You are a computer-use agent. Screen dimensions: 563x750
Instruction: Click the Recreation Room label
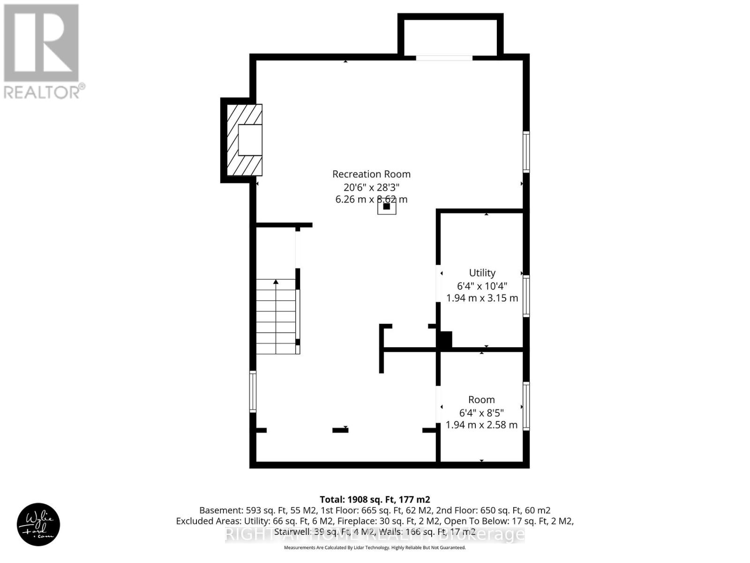pyautogui.click(x=371, y=174)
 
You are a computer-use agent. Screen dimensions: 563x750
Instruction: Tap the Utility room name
pyautogui.click(x=482, y=273)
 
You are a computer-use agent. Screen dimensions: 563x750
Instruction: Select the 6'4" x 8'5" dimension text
pyautogui.click(x=481, y=413)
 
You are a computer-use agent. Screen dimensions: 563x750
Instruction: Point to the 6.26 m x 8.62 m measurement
pyautogui.click(x=371, y=199)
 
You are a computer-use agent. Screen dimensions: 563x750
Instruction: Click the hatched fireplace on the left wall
pyautogui.click(x=244, y=140)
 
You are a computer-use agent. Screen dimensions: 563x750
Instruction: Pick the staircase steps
pyautogui.click(x=277, y=317)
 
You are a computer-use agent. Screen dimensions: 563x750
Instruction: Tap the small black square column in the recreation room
pyautogui.click(x=387, y=206)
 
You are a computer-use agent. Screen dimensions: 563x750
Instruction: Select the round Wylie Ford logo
pyautogui.click(x=38, y=525)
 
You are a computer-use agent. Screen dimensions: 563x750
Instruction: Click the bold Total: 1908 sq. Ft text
pyautogui.click(x=375, y=500)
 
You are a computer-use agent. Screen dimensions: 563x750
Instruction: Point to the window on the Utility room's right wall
pyautogui.click(x=526, y=296)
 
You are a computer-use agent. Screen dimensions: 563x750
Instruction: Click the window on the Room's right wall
pyautogui.click(x=526, y=406)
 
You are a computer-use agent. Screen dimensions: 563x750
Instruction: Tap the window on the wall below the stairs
pyautogui.click(x=253, y=391)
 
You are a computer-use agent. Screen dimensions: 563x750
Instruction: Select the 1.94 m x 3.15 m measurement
pyautogui.click(x=482, y=298)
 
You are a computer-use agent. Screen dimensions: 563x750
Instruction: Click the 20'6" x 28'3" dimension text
pyautogui.click(x=371, y=187)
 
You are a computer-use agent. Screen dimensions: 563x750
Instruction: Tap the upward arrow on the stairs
pyautogui.click(x=276, y=282)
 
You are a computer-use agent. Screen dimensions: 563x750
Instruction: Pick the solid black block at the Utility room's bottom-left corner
pyautogui.click(x=445, y=339)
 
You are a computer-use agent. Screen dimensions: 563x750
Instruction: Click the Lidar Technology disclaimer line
pyautogui.click(x=375, y=548)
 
